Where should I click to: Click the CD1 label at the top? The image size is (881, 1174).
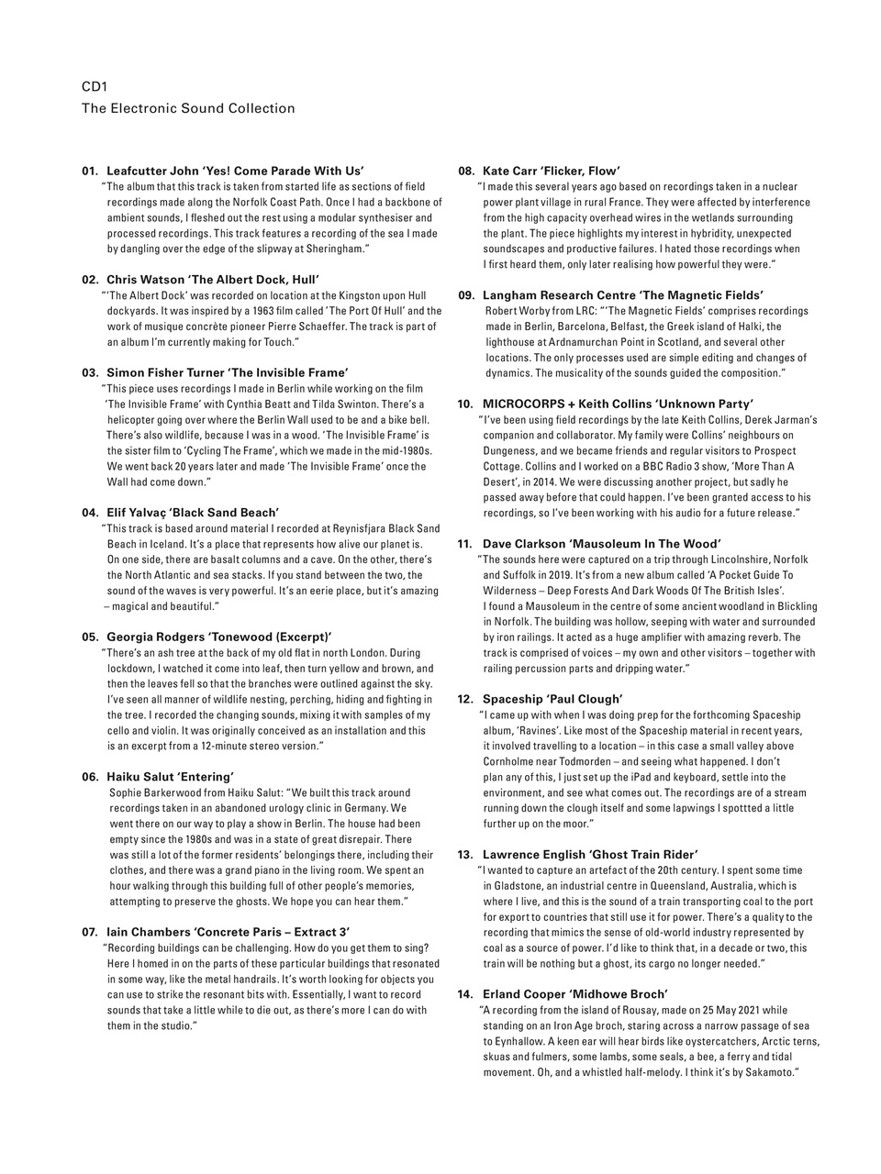95,87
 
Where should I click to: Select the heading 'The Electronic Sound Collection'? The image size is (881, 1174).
188,108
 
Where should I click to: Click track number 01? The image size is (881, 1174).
90,171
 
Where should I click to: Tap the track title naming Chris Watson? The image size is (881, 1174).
213,279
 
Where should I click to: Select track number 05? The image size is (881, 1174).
90,637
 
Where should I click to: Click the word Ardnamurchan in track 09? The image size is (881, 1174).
598,342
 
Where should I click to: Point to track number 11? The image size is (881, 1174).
465,543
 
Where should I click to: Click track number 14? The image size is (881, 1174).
465,994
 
